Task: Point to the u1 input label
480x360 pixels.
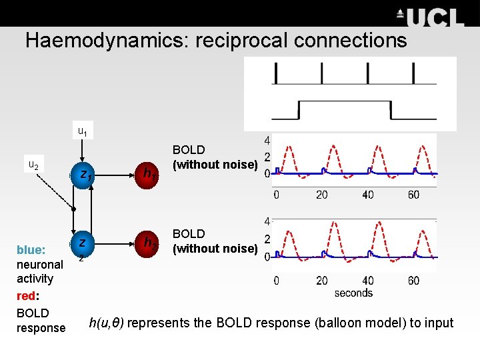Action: (82, 131)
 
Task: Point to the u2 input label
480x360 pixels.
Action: (33, 165)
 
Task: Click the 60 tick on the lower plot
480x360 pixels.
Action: (413, 281)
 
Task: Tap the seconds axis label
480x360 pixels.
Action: (353, 293)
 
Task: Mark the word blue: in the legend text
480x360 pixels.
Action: (31, 250)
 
